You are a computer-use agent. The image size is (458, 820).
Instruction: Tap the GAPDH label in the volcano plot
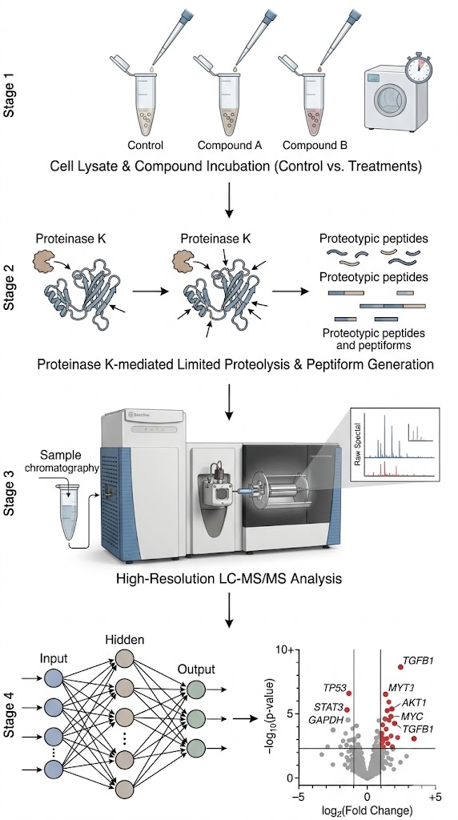[328, 720]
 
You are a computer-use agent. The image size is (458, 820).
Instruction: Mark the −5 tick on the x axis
[300, 798]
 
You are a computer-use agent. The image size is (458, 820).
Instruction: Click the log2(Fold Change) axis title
[367, 811]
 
